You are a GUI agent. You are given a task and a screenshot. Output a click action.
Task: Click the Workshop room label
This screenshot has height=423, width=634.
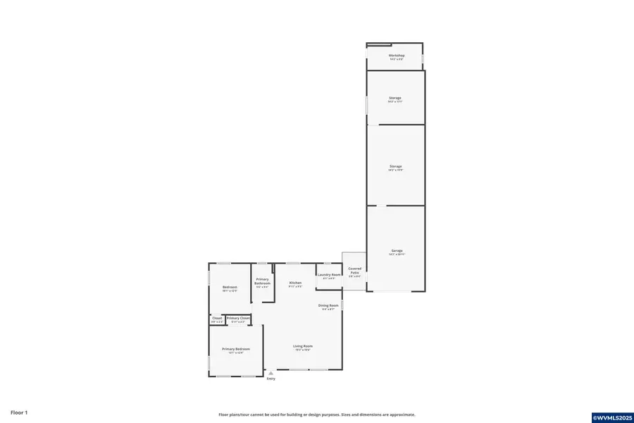(x=396, y=56)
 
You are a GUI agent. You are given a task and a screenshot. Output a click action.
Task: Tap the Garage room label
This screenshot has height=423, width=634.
(x=397, y=251)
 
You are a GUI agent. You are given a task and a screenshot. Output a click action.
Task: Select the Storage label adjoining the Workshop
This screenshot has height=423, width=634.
(x=395, y=98)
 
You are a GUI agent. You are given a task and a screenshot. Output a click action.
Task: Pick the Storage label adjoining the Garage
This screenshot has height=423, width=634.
(x=395, y=166)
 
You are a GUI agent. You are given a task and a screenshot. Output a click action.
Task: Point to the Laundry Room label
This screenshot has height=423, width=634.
(x=329, y=275)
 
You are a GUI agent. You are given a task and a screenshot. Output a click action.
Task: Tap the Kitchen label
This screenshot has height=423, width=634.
(x=295, y=283)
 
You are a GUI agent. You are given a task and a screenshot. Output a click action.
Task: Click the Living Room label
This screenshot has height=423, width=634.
(x=303, y=346)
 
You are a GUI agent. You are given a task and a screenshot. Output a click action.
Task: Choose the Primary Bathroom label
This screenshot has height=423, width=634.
(x=262, y=281)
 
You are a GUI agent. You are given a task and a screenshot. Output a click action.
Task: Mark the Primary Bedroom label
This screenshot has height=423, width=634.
(x=236, y=349)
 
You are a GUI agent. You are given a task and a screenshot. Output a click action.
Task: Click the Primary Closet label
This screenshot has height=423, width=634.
(x=238, y=318)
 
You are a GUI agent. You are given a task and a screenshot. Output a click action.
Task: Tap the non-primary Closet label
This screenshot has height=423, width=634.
(x=217, y=318)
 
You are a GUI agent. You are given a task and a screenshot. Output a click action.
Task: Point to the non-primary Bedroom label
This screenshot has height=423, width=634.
(x=230, y=287)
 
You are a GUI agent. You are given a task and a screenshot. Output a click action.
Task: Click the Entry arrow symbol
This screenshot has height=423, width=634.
(x=271, y=373)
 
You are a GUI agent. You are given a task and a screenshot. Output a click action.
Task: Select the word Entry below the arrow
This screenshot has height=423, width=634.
(x=271, y=379)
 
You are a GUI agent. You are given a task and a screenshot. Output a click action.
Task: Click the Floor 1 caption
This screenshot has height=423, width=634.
(x=18, y=412)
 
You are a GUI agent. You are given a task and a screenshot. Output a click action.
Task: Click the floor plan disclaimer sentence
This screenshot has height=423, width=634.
(x=316, y=415)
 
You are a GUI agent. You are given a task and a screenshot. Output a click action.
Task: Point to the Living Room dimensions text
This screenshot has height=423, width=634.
(x=303, y=350)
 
